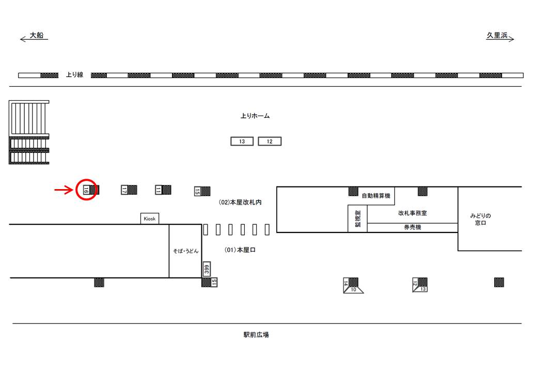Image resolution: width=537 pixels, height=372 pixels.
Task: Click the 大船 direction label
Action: point(36,36)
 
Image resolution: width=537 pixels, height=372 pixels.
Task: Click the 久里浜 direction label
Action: point(497,36)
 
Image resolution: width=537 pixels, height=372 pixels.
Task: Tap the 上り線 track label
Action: point(74,75)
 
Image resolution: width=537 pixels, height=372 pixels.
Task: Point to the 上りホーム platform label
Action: point(255,116)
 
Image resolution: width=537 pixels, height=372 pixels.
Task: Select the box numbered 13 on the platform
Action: point(242,142)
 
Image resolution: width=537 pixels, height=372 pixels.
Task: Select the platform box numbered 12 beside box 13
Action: point(270,142)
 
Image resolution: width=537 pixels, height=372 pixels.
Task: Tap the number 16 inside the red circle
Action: point(86,190)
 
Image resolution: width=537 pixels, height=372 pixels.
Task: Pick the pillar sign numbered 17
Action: point(124,190)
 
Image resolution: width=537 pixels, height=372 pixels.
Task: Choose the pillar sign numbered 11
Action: point(159,190)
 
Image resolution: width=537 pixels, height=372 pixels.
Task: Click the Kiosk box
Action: point(150,219)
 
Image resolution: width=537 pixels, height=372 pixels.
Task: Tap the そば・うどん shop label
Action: point(185,251)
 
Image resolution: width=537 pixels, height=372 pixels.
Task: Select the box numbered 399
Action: point(206,269)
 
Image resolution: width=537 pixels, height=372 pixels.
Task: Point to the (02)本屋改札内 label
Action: point(240,203)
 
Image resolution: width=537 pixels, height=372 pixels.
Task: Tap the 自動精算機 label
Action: point(375,196)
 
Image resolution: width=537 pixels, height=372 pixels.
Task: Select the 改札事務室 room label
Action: point(412,213)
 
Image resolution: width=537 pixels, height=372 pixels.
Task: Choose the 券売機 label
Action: point(412,227)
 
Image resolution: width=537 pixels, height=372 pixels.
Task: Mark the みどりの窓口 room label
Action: point(481,219)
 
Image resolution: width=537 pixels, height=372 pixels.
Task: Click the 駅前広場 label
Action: point(256,335)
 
